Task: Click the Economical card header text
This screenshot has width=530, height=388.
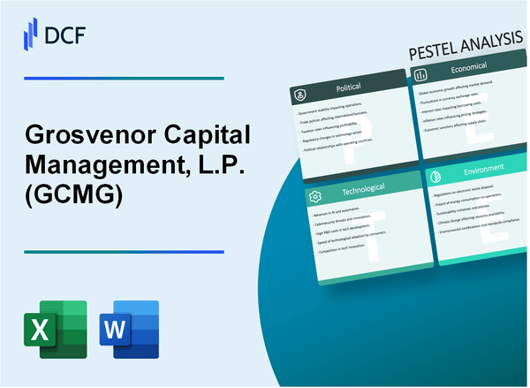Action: (x=469, y=75)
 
